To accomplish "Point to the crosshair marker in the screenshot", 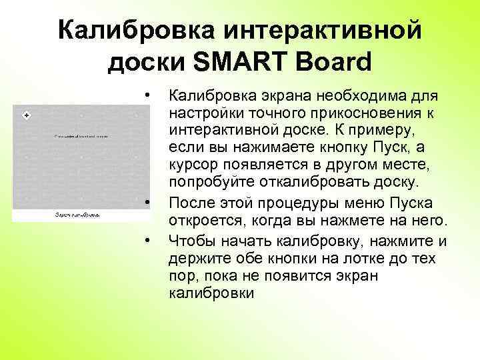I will click(x=27, y=116).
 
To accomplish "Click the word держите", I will click(x=199, y=258).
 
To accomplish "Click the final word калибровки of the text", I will click(x=211, y=294).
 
